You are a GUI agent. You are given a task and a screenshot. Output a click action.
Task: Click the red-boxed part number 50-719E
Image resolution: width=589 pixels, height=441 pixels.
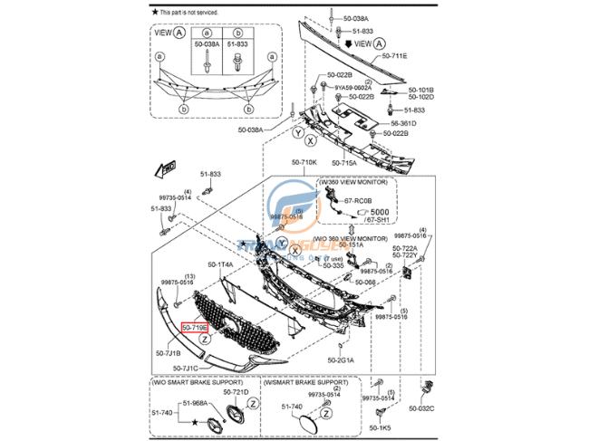click(195, 327)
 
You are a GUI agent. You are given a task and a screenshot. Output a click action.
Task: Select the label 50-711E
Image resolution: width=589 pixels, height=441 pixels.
click(394, 56)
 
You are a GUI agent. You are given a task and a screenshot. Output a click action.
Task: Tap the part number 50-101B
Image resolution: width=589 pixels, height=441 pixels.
click(420, 90)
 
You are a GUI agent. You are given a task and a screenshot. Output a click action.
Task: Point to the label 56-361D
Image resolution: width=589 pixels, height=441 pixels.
click(403, 122)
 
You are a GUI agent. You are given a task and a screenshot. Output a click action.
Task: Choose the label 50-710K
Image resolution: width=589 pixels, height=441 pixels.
click(304, 162)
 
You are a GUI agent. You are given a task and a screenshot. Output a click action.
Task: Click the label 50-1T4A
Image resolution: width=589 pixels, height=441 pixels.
click(220, 264)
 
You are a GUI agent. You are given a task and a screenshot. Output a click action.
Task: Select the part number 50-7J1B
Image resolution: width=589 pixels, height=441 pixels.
click(169, 353)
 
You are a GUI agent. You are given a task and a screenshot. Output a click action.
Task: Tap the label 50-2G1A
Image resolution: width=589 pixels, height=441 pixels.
click(341, 360)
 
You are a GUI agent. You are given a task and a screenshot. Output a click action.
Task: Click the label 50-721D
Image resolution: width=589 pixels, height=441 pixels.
click(235, 392)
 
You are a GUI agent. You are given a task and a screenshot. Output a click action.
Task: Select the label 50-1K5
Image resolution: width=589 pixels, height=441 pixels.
click(380, 427)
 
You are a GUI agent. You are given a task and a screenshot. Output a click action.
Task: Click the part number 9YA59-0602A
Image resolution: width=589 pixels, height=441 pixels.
click(353, 87)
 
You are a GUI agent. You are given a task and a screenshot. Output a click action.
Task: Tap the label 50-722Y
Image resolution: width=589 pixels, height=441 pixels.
click(405, 255)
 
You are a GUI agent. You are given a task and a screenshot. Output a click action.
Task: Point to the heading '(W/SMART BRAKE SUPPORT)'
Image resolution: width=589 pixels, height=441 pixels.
click(303, 382)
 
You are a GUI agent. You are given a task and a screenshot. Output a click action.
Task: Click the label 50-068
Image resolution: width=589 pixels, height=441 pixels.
click(365, 282)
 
